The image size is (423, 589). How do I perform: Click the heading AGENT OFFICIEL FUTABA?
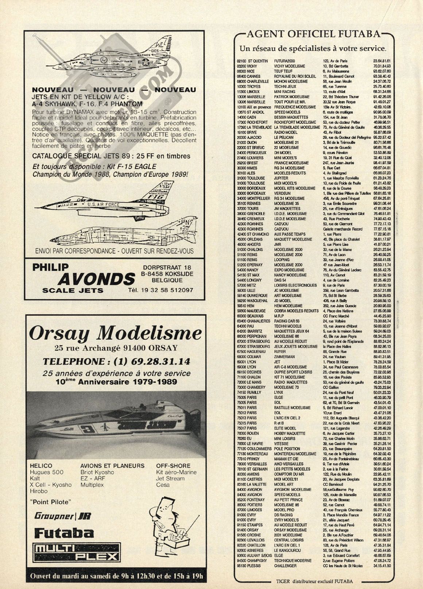314,34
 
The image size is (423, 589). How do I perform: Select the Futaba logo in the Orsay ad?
64,533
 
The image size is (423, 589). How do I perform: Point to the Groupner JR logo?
62,516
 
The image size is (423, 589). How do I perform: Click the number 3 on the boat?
88,428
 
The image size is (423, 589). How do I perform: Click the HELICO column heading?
41,466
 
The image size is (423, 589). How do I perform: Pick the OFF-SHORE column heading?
173,466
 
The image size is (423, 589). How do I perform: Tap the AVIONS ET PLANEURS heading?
112,466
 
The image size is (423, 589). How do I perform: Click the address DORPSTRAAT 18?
167,267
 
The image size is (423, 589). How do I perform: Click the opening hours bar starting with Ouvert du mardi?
115,577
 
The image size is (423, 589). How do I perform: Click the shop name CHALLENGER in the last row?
285,566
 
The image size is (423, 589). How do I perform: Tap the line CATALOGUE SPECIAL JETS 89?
111,156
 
